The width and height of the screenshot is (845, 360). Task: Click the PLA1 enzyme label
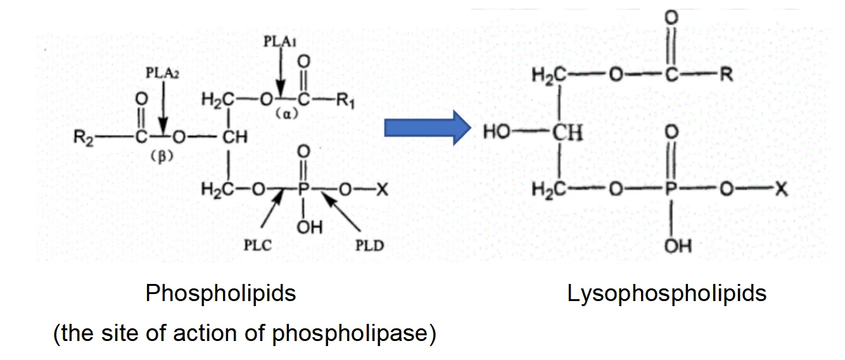[x=280, y=41]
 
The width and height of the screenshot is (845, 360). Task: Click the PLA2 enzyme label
[x=163, y=73]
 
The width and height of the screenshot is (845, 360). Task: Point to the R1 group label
[x=345, y=102]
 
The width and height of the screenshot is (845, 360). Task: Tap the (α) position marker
[x=286, y=115]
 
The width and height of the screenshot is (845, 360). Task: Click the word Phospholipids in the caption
[x=220, y=293]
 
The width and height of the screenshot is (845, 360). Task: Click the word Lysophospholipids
[x=666, y=293]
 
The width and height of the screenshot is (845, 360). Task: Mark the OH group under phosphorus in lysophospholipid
[x=677, y=244]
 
